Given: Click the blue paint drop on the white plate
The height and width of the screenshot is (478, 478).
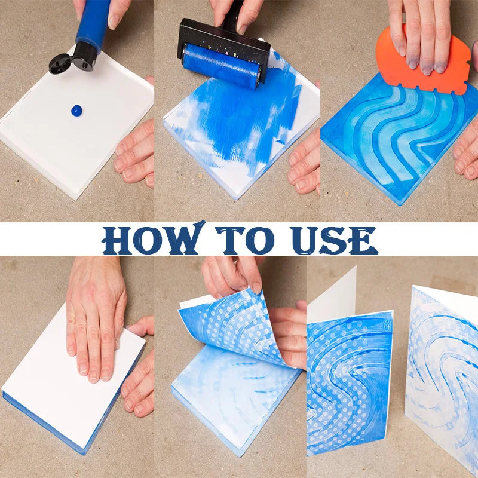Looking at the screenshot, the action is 76,111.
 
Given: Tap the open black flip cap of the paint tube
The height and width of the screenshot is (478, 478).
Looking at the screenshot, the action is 60,64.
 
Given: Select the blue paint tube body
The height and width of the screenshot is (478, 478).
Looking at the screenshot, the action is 93,22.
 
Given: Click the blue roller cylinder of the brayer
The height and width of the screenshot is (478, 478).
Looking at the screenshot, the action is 222,66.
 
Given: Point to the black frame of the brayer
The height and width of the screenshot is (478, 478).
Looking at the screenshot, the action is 224,36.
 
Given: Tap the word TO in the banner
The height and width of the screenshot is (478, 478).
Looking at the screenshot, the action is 246,240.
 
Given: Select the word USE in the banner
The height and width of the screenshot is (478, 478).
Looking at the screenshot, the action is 334,240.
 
